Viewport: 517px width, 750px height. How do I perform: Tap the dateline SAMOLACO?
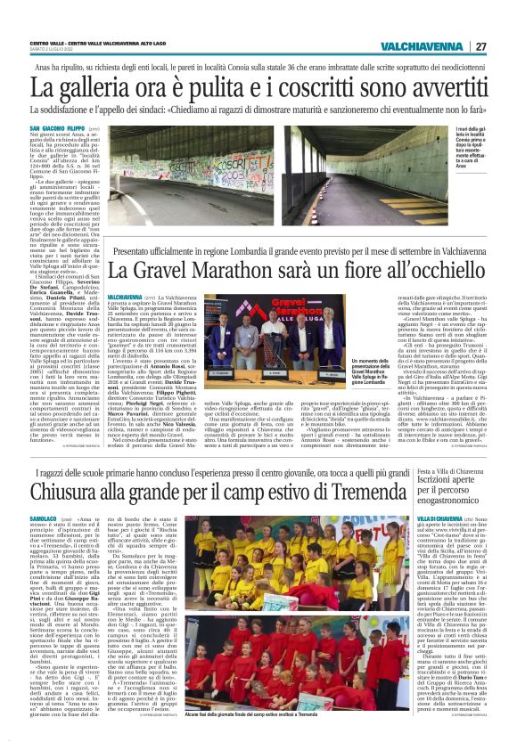coord(45,518)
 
